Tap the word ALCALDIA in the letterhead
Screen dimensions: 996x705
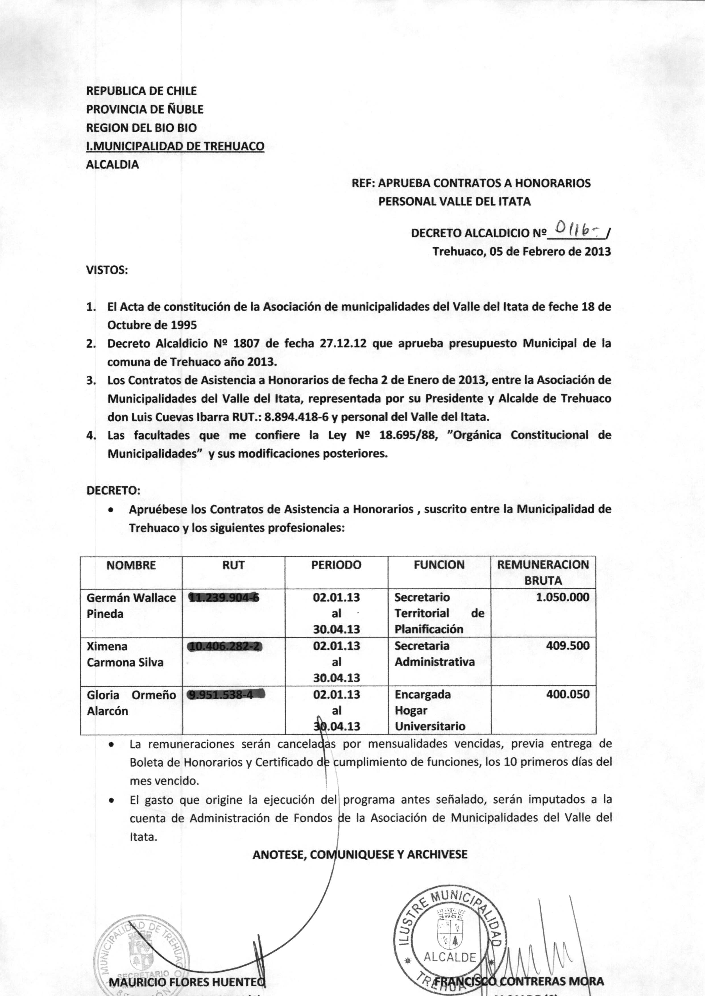click(x=113, y=165)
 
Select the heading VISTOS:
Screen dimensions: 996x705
click(x=107, y=270)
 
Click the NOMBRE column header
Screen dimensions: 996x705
click(x=131, y=565)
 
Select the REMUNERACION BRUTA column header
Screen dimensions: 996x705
click(x=543, y=572)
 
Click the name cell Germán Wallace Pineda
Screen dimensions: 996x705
click(x=131, y=605)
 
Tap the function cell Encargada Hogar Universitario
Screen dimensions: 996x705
click(x=430, y=710)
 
